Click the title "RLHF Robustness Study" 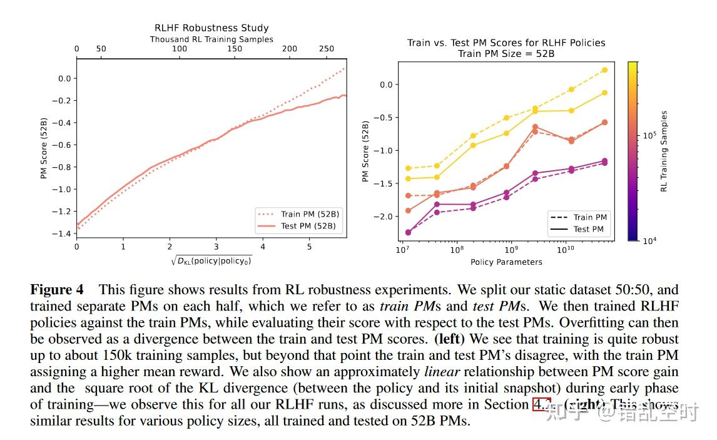point(211,28)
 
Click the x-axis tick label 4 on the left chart point(262,247)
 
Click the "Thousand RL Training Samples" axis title point(211,39)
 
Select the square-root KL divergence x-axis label point(211,260)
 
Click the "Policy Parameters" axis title point(506,262)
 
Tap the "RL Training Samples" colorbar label point(664,151)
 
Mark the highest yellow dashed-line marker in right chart point(604,70)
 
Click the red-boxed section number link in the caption point(541,404)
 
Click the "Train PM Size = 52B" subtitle point(506,54)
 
